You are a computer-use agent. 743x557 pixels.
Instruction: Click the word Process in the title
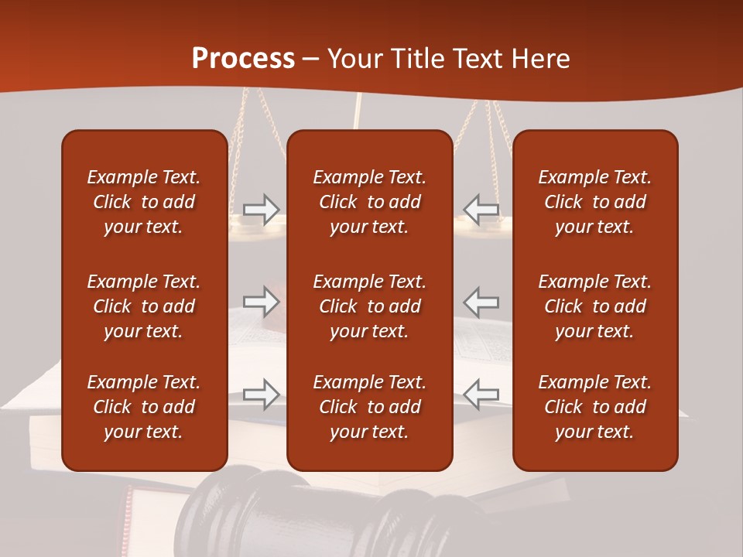(x=243, y=59)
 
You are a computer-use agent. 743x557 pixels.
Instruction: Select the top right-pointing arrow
(x=261, y=210)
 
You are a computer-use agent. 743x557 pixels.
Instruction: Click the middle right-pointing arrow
(x=261, y=302)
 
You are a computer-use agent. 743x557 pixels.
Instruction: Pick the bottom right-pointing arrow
(x=261, y=394)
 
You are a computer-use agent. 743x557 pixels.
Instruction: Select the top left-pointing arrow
(x=481, y=210)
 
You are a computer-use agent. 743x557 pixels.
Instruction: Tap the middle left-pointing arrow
(x=481, y=302)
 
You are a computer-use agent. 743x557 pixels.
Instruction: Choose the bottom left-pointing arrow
(x=481, y=394)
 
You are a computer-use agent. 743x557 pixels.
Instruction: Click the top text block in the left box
(x=144, y=202)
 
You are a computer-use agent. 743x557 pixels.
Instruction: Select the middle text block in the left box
(x=144, y=306)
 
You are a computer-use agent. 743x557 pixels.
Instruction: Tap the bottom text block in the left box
(x=144, y=407)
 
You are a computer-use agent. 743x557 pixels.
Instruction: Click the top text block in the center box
(x=369, y=202)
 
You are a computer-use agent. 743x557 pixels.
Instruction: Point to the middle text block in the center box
(x=369, y=306)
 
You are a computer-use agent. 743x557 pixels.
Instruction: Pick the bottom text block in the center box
(x=369, y=407)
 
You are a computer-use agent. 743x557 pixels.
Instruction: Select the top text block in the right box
(x=595, y=202)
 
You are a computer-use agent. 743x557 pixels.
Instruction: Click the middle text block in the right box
(x=595, y=306)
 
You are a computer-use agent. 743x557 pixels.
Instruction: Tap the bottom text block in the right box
(x=595, y=407)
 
